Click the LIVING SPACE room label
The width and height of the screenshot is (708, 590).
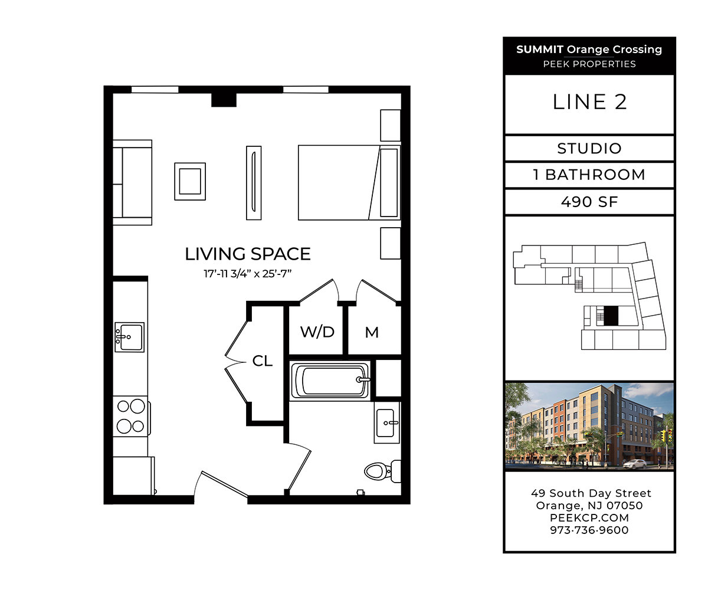click(x=248, y=254)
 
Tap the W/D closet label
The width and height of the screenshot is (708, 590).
click(x=317, y=332)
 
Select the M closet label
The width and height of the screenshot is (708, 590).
click(x=372, y=333)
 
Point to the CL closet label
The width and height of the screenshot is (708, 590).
click(x=263, y=361)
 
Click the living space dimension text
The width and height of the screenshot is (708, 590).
click(x=248, y=274)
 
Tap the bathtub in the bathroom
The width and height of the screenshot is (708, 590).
click(x=330, y=381)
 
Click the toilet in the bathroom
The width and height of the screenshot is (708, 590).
click(x=381, y=470)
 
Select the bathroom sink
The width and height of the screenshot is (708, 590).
click(x=387, y=422)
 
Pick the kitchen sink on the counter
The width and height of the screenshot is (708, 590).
click(x=129, y=337)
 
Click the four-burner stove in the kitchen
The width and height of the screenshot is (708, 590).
click(x=131, y=416)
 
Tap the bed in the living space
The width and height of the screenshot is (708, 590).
click(x=348, y=182)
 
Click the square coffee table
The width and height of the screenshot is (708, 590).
click(x=190, y=181)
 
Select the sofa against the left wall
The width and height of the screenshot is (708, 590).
click(x=132, y=182)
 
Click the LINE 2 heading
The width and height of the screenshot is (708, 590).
click(x=589, y=102)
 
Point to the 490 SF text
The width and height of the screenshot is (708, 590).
click(x=589, y=202)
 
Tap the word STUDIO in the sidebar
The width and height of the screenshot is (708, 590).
click(x=589, y=148)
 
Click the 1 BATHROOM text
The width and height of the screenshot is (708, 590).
click(x=589, y=175)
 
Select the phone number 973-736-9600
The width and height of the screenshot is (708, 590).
click(x=589, y=530)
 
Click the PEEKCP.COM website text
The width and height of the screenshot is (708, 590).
click(x=589, y=517)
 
